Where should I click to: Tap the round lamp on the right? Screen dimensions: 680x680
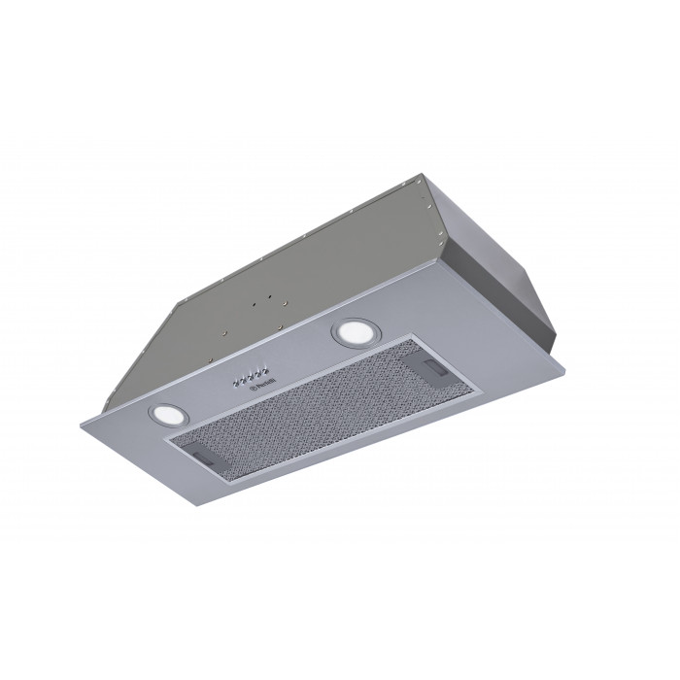[x=348, y=332]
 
